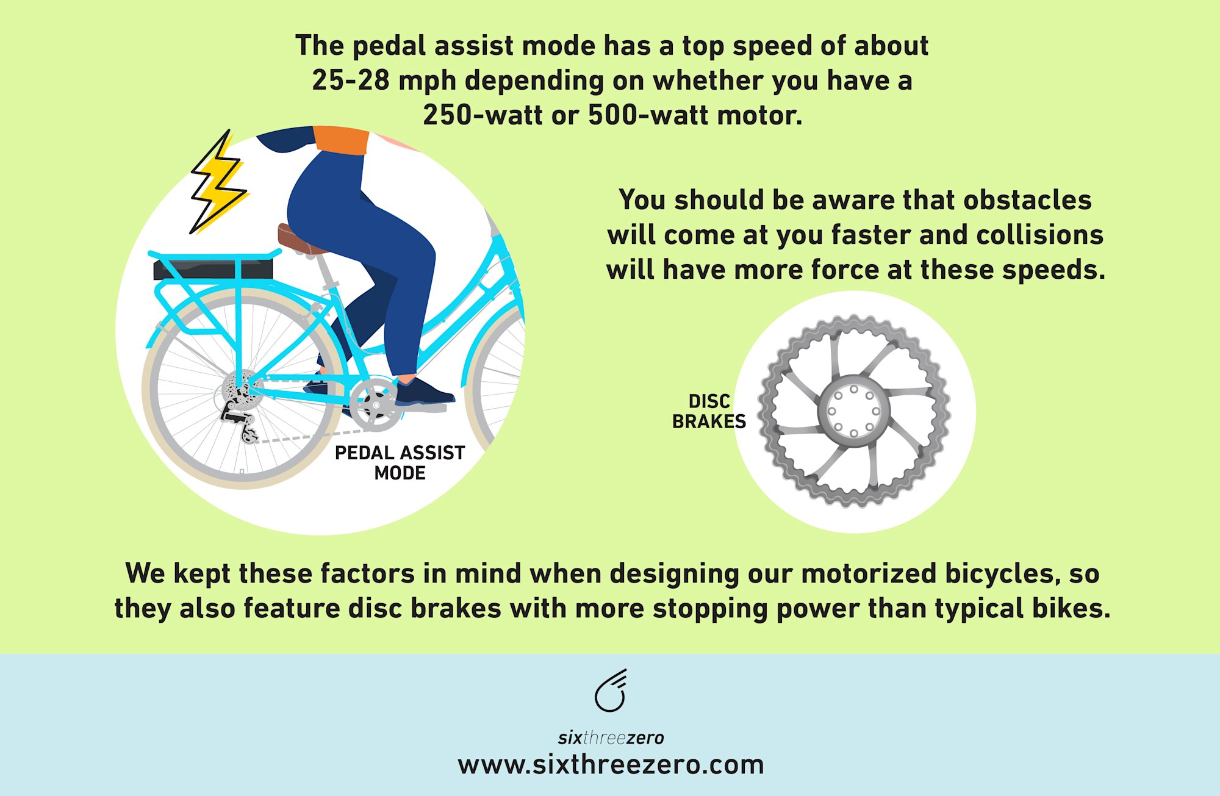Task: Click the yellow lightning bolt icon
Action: tap(217, 183)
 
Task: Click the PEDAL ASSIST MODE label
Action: tap(400, 462)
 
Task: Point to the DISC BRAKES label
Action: tap(709, 411)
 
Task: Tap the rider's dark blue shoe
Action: tap(424, 393)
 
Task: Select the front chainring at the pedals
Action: tap(376, 404)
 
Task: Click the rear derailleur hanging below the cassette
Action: tap(241, 421)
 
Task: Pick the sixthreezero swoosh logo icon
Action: tap(611, 691)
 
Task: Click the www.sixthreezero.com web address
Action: tap(611, 764)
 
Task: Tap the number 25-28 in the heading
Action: tap(350, 81)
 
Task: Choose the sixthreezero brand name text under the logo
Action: tap(611, 738)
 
